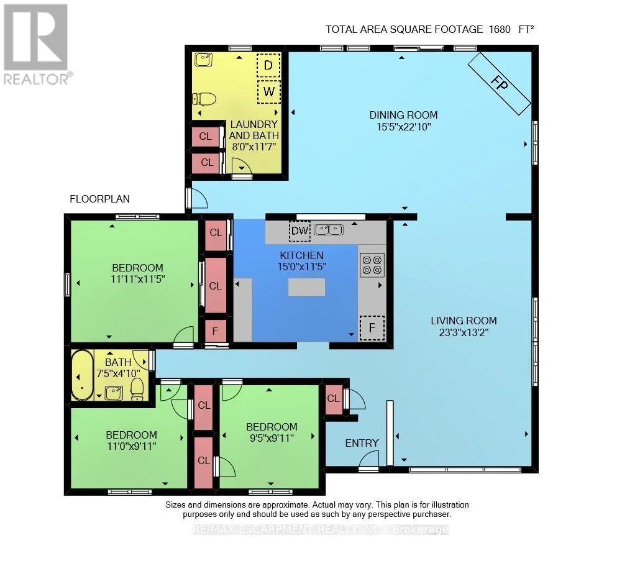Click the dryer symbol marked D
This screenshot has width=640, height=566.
click(x=268, y=65)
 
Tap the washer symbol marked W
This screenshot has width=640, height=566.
click(x=269, y=91)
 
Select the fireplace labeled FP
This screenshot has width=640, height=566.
click(x=499, y=84)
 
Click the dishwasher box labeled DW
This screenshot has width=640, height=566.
click(x=299, y=231)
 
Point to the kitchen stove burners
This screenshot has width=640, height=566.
click(x=372, y=265)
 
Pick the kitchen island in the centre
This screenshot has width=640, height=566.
click(x=306, y=287)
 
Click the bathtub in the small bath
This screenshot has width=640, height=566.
click(x=83, y=375)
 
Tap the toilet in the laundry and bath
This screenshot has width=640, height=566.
click(x=204, y=99)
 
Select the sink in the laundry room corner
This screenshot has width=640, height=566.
click(x=203, y=60)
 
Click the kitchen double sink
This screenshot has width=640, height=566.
click(x=329, y=230)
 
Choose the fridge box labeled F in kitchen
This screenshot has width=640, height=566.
click(x=372, y=327)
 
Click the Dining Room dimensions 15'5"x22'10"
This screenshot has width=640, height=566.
click(x=404, y=127)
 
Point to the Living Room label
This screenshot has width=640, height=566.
click(x=464, y=321)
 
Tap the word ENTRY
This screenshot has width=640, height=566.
click(x=362, y=443)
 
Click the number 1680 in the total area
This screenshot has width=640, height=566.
click(x=500, y=29)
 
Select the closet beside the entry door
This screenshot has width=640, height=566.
click(x=334, y=399)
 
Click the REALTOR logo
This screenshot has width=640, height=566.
click(x=37, y=45)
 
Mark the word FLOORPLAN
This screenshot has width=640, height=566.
click(x=100, y=199)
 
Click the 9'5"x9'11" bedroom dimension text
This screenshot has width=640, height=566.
click(x=272, y=438)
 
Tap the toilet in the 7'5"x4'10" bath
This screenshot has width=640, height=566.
click(x=137, y=389)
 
